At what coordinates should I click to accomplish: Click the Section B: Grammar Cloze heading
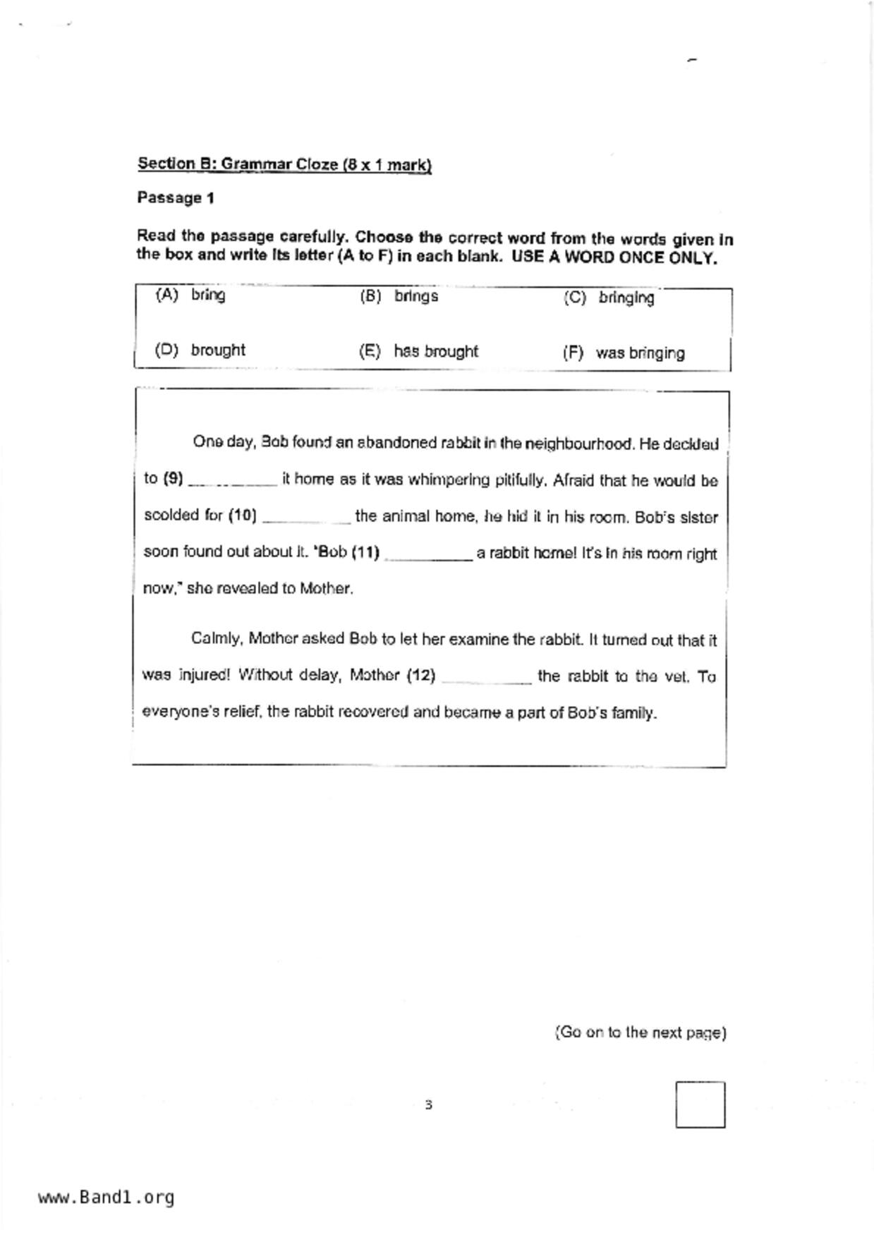[284, 164]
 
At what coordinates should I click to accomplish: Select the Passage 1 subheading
[176, 198]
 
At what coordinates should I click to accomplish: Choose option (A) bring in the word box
[190, 295]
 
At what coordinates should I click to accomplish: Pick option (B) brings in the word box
[399, 296]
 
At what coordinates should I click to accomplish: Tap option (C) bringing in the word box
[609, 298]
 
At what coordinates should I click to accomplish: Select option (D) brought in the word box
[200, 350]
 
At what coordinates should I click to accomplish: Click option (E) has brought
[419, 351]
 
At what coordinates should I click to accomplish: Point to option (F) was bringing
[624, 353]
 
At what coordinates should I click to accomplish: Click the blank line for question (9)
[233, 482]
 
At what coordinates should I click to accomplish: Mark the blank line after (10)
[306, 518]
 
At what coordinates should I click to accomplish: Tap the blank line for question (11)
[428, 555]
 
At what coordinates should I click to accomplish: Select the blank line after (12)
[486, 678]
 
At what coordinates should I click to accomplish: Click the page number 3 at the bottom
[428, 1104]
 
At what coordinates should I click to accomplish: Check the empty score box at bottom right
[700, 1104]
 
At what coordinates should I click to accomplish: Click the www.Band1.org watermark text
[107, 1198]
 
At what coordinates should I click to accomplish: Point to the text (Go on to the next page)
[641, 1032]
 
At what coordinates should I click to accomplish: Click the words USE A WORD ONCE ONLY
[614, 257]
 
